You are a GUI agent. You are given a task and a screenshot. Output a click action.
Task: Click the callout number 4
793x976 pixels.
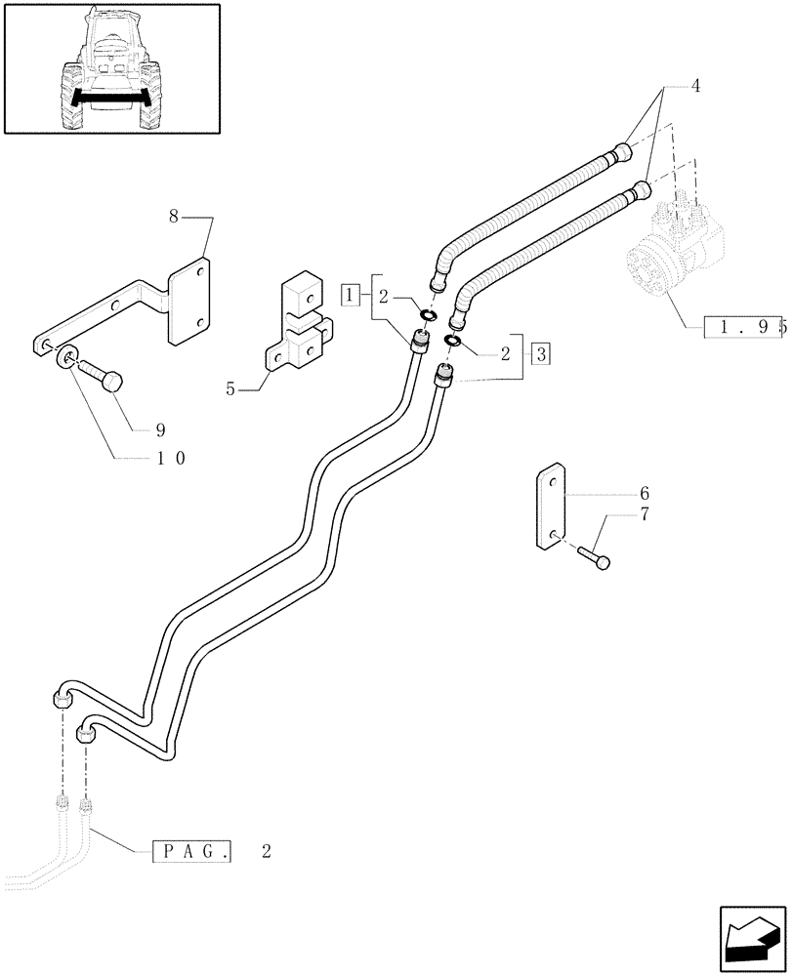click(x=695, y=86)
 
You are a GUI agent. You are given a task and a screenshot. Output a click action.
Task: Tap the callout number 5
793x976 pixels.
click(x=230, y=388)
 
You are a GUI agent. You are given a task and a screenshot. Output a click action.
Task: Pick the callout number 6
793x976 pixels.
click(x=645, y=494)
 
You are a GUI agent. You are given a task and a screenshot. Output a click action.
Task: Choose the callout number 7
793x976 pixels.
click(x=645, y=514)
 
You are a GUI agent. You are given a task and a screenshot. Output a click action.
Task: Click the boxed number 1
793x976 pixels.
click(x=351, y=293)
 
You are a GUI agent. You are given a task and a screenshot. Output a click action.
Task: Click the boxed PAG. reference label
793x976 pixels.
click(x=192, y=851)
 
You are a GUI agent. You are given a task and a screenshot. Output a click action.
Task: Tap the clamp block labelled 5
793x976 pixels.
click(x=298, y=328)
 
